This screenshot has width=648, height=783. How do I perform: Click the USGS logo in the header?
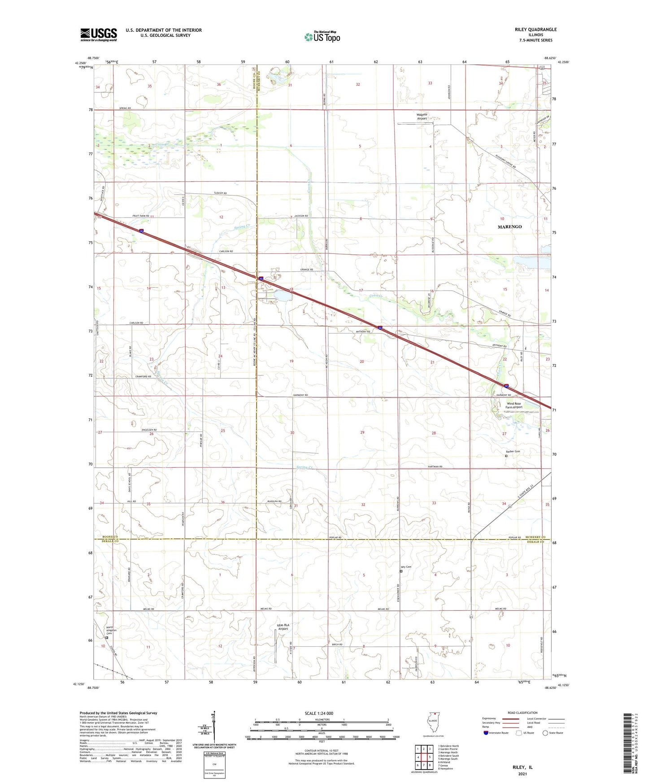point(99,34)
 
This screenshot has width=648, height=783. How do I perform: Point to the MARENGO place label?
point(509,227)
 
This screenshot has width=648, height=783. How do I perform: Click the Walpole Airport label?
point(422,117)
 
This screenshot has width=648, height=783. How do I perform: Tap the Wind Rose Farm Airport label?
point(514,405)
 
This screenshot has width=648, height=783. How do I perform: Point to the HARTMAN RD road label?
point(435,467)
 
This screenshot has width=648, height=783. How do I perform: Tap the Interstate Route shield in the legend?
point(486,733)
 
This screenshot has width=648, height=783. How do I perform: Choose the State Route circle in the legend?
point(545,733)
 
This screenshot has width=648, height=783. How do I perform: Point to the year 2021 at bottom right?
point(522,774)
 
